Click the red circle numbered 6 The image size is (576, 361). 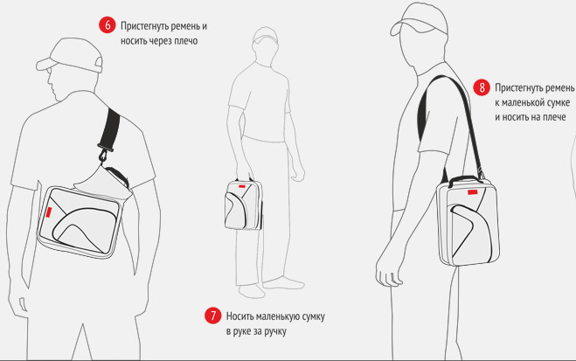pyautogui.click(x=108, y=25)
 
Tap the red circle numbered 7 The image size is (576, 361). pyautogui.click(x=213, y=315)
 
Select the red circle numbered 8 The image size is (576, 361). pyautogui.click(x=482, y=87)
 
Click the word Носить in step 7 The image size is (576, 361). pyautogui.click(x=239, y=316)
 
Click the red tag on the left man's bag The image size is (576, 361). pyautogui.click(x=49, y=213)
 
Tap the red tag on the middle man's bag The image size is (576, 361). pyautogui.click(x=242, y=186)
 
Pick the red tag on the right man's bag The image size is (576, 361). pyautogui.click(x=472, y=192)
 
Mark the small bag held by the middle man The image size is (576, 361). pyautogui.click(x=244, y=205)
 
